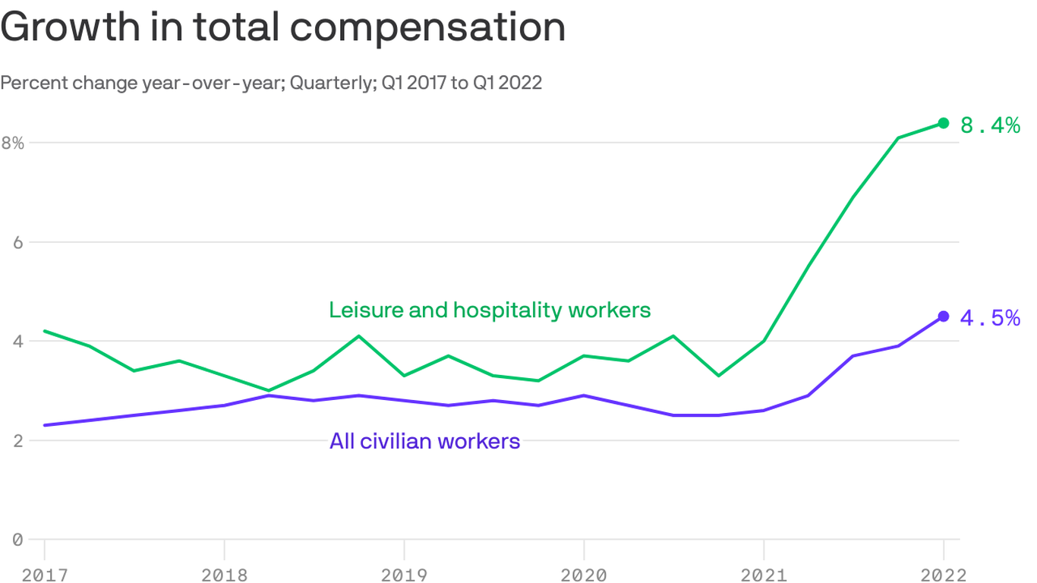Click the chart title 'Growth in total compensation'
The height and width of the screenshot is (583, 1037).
(x=283, y=27)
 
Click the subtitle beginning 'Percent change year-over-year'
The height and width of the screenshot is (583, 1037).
(x=271, y=83)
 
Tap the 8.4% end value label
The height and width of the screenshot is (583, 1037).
(x=990, y=125)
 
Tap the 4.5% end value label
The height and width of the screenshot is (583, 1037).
(x=990, y=318)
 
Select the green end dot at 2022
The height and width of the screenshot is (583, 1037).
(x=943, y=123)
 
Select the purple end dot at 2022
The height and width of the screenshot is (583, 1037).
(x=943, y=317)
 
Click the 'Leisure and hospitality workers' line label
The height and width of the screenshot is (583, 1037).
(x=490, y=310)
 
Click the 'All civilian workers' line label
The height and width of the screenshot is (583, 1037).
(x=424, y=441)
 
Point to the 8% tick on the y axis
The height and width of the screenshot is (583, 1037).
(x=13, y=143)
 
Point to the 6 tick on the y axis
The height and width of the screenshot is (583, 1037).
(x=17, y=242)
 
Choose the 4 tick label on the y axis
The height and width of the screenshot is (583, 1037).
(x=17, y=342)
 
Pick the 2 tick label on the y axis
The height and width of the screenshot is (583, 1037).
(x=17, y=441)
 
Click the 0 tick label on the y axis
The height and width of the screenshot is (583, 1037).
(x=17, y=540)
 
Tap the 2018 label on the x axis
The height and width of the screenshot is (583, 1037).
(x=224, y=575)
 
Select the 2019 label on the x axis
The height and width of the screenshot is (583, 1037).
(x=404, y=575)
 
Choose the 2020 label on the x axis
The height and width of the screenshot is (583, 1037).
(x=583, y=575)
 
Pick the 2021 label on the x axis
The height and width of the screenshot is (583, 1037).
(x=763, y=575)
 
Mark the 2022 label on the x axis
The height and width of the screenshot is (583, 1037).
(x=943, y=575)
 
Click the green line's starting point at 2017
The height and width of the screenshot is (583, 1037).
(x=45, y=331)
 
